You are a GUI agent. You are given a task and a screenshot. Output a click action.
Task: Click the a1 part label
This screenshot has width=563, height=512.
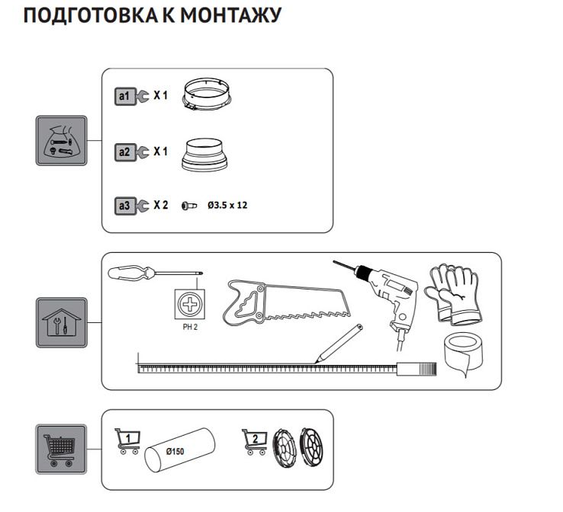tap(124, 96)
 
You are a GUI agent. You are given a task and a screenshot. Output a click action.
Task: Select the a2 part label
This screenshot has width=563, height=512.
tap(124, 152)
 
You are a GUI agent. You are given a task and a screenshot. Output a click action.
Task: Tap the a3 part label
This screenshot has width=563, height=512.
tap(124, 206)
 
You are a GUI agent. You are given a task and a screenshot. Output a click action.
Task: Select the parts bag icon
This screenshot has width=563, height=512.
tap(62, 140)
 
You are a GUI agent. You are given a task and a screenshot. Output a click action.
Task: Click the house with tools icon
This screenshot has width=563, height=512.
tap(62, 322)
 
